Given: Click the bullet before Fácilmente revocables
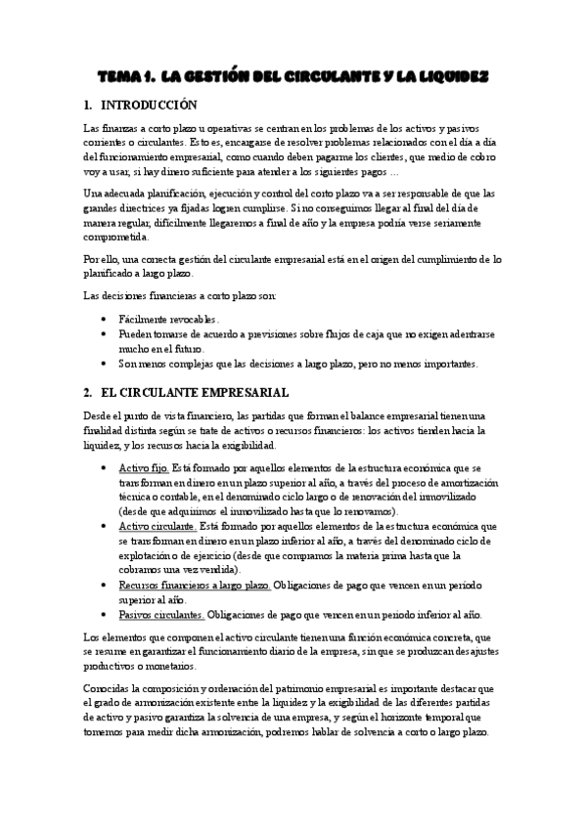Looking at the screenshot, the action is pos(105,320).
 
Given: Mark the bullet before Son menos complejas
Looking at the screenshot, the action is pos(105,365).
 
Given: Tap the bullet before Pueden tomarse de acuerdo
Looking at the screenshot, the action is pos(105,334).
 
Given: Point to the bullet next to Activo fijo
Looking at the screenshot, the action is pos(105,467).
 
